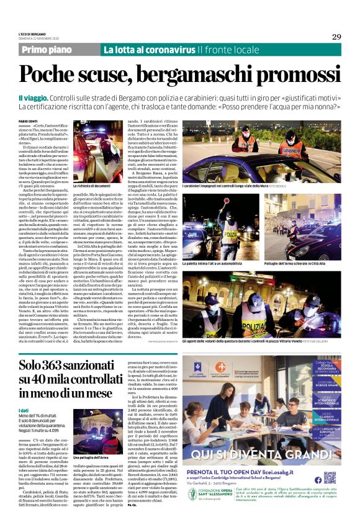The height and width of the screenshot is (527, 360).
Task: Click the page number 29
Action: [x=336, y=37]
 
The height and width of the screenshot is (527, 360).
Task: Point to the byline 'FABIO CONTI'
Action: [x=27, y=120]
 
